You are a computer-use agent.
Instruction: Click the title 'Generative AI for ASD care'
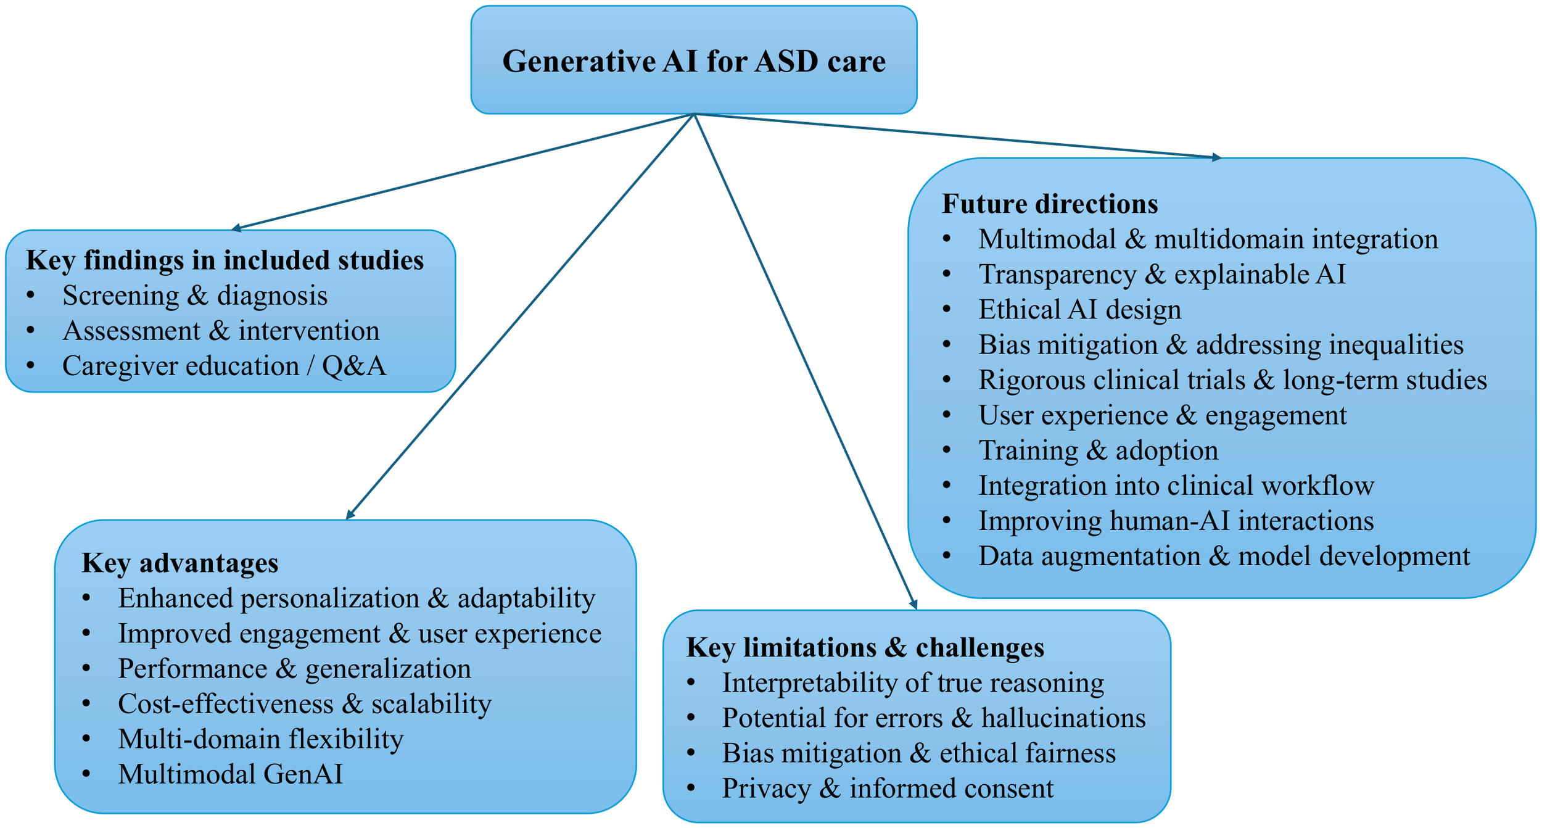(x=694, y=62)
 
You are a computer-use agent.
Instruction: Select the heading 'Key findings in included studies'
(x=225, y=260)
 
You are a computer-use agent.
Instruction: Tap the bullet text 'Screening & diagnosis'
(x=195, y=296)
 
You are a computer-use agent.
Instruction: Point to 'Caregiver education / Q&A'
(x=224, y=366)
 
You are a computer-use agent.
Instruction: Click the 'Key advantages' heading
(x=179, y=563)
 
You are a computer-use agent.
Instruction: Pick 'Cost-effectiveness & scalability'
(x=305, y=704)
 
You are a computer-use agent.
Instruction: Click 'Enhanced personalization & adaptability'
(x=357, y=598)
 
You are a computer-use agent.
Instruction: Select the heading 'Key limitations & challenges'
(x=865, y=648)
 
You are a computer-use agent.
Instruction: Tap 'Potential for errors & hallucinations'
(x=934, y=718)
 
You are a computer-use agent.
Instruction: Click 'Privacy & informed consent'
(x=888, y=789)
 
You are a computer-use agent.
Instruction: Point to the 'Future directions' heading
(x=1050, y=204)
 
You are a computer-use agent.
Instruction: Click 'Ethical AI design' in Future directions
(x=1079, y=310)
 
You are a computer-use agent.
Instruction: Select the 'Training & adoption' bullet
(x=1098, y=450)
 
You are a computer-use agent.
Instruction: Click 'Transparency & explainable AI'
(x=1161, y=275)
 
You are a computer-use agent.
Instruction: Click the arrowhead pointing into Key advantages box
(x=350, y=515)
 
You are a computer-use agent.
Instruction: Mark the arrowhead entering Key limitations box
(x=914, y=605)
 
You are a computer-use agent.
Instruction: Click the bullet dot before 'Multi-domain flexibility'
(x=86, y=739)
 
